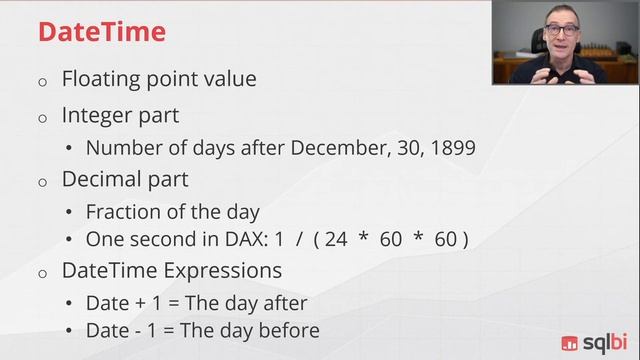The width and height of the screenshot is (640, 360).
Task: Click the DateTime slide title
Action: tap(102, 32)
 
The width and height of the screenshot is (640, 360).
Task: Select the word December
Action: tap(340, 148)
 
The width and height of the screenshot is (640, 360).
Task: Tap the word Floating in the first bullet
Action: tap(100, 78)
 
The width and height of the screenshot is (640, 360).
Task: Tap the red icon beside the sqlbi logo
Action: tap(570, 343)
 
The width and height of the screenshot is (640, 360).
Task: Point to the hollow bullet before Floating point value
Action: tap(42, 81)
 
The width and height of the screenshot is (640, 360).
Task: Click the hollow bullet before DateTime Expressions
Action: tap(42, 273)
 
